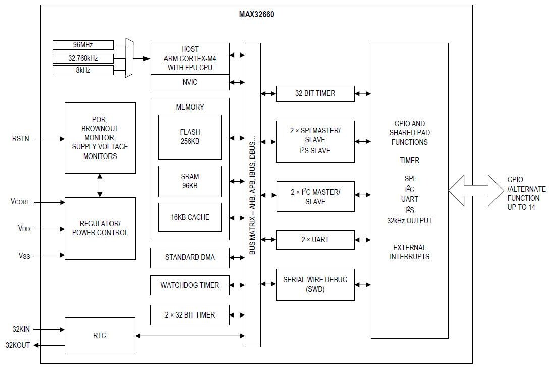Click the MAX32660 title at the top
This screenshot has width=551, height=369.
click(256, 14)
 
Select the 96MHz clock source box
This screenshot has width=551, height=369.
click(83, 45)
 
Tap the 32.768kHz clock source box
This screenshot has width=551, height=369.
click(83, 58)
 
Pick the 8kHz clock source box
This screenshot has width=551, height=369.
click(83, 70)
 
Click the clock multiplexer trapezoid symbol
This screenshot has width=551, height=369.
click(129, 58)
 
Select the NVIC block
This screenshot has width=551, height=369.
click(190, 82)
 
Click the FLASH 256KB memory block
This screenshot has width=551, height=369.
click(190, 137)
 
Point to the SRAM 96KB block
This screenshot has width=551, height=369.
click(190, 181)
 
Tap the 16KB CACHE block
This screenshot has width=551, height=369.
click(190, 217)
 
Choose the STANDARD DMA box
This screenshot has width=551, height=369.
click(190, 257)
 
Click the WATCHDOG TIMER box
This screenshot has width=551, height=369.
click(190, 285)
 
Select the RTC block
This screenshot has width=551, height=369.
click(100, 336)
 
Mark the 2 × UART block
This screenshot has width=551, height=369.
click(315, 240)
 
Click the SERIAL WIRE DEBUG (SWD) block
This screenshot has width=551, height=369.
click(315, 285)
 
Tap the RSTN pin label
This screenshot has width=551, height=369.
click(21, 139)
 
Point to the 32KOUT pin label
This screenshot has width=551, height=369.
click(18, 345)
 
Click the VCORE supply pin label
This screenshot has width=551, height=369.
click(20, 202)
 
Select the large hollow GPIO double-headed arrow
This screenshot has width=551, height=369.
click(476, 191)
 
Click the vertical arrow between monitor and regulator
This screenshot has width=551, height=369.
click(100, 185)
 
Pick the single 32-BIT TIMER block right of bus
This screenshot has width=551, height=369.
click(315, 93)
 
